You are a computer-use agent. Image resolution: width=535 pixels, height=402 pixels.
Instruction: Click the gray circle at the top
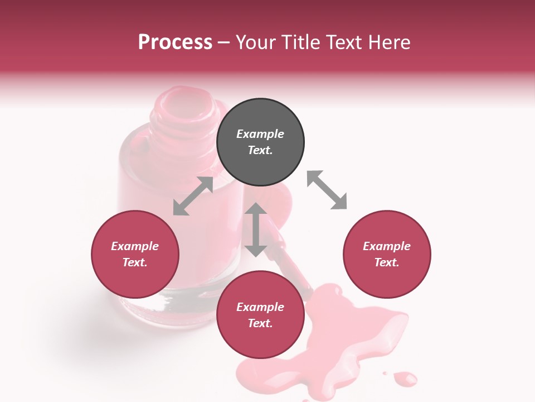point(260,142)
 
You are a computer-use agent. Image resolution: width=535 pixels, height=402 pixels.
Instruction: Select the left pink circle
point(135,254)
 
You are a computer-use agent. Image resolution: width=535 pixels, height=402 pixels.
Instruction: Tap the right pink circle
point(387,254)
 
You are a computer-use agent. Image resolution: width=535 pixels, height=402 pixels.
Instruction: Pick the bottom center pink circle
point(260,315)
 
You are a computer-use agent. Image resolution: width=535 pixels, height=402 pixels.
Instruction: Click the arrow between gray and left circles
point(193,196)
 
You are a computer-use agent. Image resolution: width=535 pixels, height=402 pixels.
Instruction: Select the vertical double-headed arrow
point(256,229)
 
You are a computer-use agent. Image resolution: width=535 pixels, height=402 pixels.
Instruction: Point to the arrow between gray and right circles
point(327,190)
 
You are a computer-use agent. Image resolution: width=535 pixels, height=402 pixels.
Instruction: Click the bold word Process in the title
point(175,42)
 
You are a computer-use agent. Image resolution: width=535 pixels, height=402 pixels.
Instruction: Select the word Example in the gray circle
point(260,134)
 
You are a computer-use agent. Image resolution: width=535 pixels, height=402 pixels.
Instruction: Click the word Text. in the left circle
point(135,262)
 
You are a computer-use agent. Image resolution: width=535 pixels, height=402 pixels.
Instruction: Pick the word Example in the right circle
point(387,246)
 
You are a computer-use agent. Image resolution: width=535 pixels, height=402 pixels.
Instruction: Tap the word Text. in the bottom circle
point(260,323)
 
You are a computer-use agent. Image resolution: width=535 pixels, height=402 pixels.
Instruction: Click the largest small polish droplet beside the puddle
point(405,380)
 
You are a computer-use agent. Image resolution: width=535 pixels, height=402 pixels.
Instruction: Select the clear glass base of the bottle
point(178,304)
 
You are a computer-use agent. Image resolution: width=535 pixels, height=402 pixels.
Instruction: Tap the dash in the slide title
point(224,42)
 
